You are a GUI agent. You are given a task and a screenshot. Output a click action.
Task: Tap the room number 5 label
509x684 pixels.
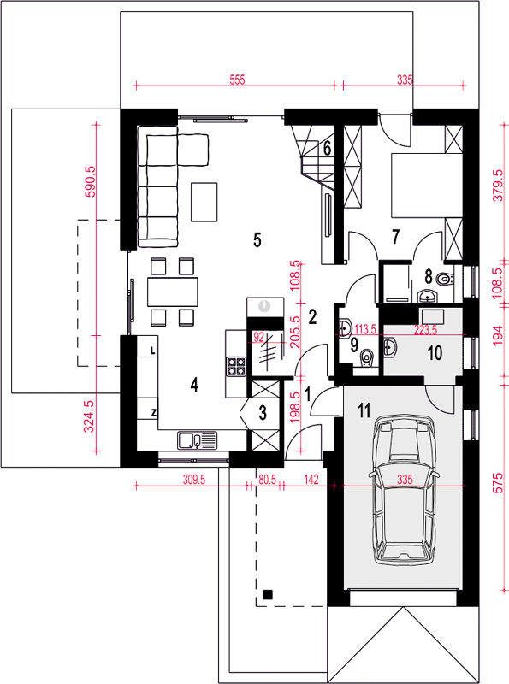click(257, 240)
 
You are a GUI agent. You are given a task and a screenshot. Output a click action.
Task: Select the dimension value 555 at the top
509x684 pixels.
click(238, 80)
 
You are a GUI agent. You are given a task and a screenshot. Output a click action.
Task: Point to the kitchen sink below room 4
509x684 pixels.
click(197, 439)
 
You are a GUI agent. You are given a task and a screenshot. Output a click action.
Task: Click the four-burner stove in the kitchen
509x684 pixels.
click(236, 367)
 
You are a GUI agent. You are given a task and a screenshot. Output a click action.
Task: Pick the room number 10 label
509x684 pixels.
click(435, 353)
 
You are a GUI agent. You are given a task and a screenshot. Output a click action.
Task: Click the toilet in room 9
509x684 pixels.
click(367, 358)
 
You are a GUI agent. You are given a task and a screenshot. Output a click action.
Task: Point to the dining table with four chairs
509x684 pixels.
click(173, 292)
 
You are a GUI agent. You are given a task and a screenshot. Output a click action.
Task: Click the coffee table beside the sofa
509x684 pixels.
click(204, 202)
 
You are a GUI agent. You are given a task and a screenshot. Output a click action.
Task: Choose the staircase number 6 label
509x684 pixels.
click(327, 149)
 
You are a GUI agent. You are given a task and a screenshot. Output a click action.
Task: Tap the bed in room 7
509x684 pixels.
click(427, 185)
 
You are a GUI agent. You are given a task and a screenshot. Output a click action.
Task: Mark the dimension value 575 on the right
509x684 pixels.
click(498, 482)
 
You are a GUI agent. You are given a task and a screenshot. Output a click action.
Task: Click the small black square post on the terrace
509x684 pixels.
click(267, 594)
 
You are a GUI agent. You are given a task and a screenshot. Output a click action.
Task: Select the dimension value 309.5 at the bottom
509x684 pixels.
click(194, 480)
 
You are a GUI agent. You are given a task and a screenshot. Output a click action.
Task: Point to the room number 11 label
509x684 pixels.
click(364, 410)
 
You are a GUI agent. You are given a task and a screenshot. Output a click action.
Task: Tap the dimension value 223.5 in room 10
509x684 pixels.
click(425, 330)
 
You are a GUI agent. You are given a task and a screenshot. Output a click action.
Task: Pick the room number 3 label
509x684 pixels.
click(263, 413)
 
